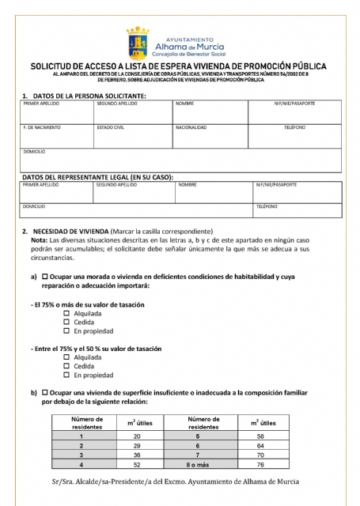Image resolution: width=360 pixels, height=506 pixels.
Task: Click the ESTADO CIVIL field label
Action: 110,127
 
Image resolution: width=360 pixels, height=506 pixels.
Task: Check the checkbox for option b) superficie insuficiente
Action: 45,392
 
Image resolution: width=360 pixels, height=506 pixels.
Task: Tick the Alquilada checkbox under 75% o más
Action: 66,314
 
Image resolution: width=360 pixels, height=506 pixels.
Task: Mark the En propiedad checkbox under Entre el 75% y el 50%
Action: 66,376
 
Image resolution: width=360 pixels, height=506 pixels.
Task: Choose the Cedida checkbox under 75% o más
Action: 66,323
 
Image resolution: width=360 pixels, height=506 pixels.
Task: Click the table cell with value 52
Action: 137,464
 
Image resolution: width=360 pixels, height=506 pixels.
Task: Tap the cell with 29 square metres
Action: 137,445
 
